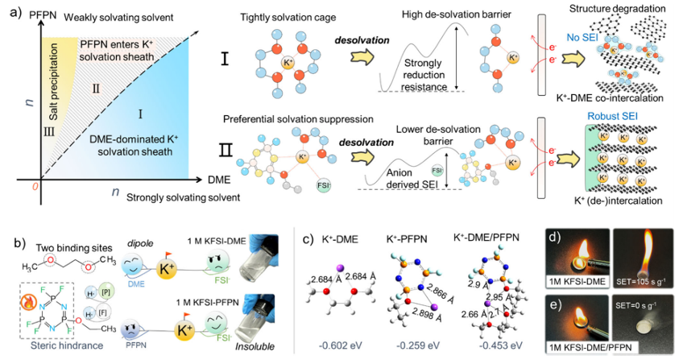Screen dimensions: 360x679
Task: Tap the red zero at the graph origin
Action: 35,185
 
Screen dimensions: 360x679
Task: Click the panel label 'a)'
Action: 13,14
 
